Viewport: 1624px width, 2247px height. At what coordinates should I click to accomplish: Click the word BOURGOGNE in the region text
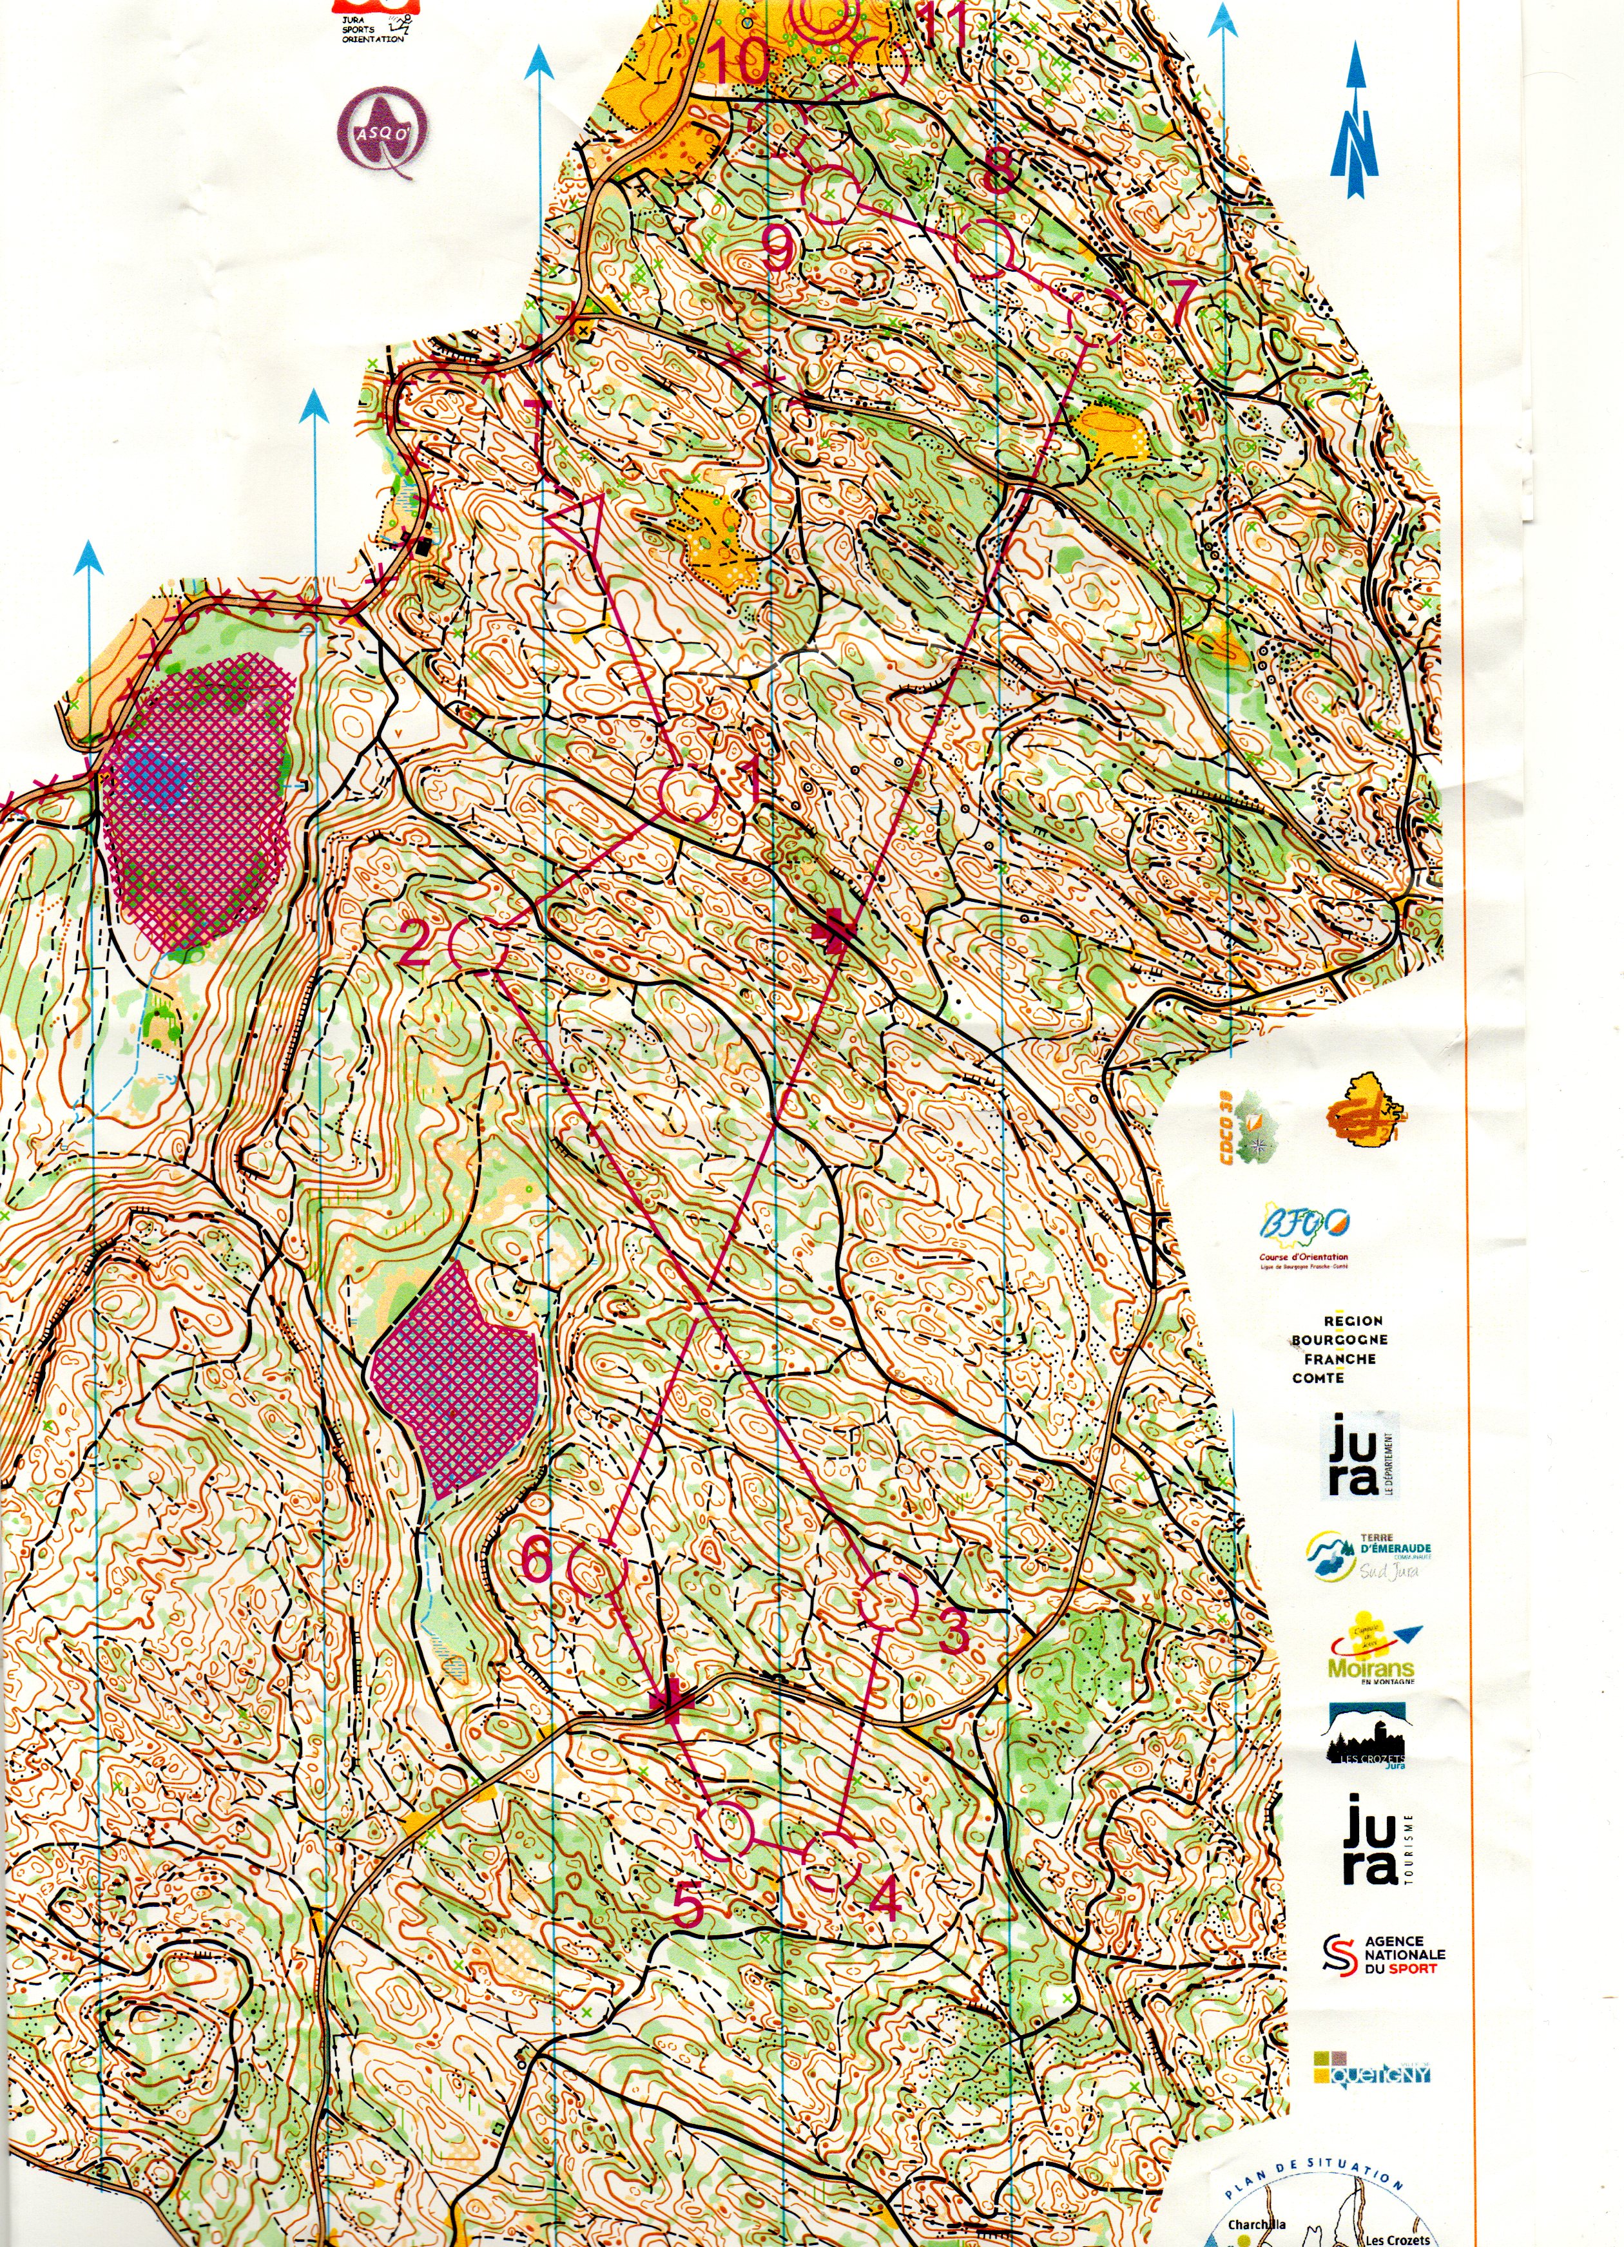[1339, 1339]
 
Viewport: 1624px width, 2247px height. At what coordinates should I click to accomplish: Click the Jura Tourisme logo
[1377, 1839]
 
